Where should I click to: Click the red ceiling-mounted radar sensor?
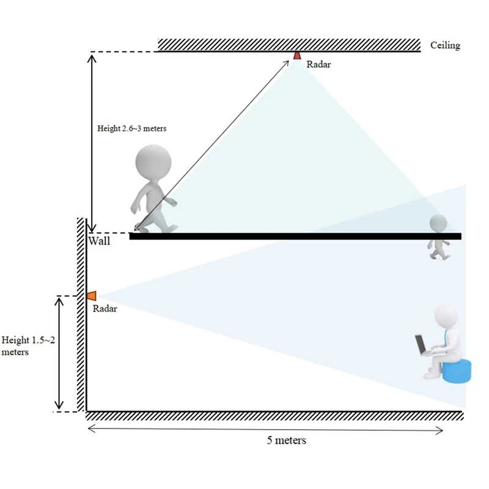pos(297,56)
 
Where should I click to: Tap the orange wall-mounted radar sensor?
pos(92,296)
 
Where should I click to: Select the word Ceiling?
pos(445,46)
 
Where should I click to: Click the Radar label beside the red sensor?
pos(318,64)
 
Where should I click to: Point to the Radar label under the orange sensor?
pos(105,309)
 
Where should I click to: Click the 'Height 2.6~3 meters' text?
pos(132,129)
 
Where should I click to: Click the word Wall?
pos(99,241)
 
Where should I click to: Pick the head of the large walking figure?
pos(152,163)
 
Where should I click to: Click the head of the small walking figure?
pos(438,223)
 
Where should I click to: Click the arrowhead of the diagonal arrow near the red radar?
pos(287,61)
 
